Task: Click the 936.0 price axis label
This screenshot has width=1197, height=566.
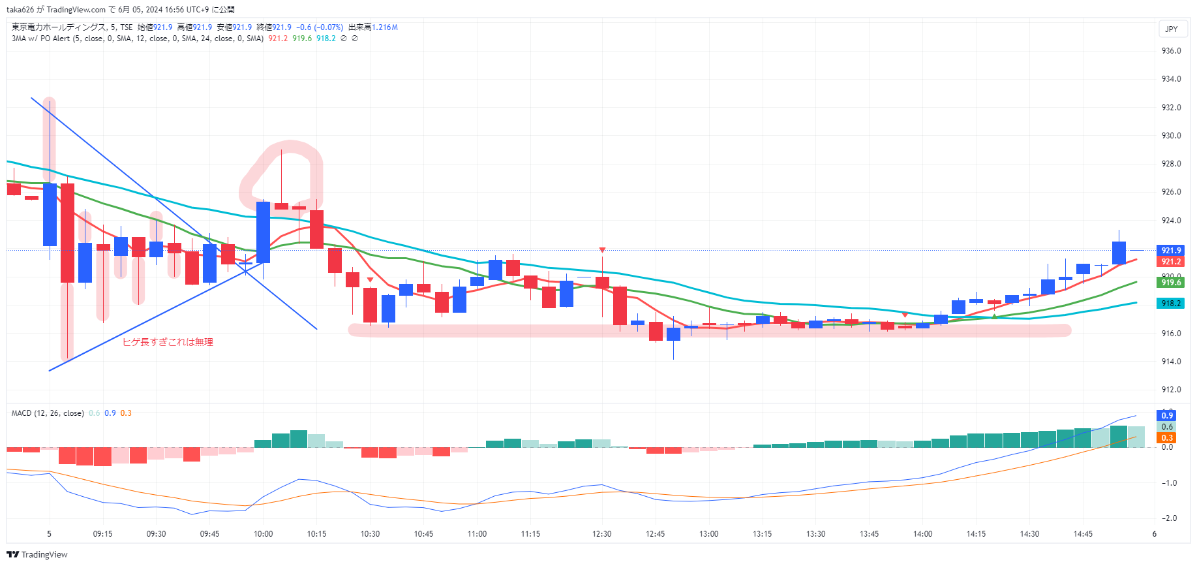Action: click(1171, 51)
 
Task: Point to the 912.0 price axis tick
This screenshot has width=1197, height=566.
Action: click(1171, 390)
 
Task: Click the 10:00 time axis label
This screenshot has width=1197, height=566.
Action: click(263, 534)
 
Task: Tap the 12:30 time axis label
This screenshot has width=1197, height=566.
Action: click(601, 534)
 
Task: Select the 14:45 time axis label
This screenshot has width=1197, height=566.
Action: click(1083, 534)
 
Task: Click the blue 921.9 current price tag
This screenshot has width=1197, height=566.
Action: click(1171, 250)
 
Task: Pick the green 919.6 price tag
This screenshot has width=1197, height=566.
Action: click(1171, 283)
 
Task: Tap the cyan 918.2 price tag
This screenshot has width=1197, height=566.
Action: click(1171, 304)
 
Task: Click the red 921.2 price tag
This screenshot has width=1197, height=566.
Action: click(1171, 262)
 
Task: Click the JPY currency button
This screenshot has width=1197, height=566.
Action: click(1172, 29)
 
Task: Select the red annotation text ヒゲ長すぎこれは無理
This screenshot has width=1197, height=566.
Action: click(168, 342)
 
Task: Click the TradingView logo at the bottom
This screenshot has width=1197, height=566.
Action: click(37, 554)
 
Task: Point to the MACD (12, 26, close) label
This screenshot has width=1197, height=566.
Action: click(48, 413)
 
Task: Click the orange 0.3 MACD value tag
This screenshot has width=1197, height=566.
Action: click(1166, 438)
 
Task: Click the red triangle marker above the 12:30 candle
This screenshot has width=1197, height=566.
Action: click(602, 250)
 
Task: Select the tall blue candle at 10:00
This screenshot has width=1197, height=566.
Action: click(263, 232)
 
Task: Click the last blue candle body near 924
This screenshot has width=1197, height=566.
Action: click(1119, 253)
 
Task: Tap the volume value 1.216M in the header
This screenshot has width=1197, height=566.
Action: click(385, 27)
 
